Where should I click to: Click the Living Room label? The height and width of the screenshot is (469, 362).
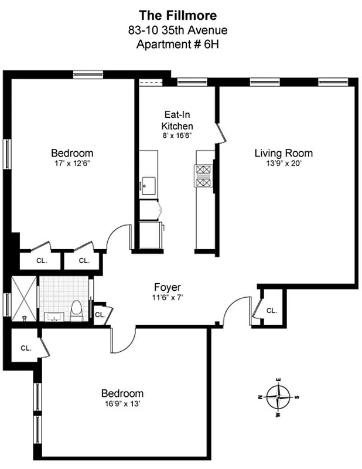point(283,153)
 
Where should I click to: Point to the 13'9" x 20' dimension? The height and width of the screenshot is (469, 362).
point(283,164)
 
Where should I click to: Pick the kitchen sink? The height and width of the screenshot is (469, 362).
point(147,186)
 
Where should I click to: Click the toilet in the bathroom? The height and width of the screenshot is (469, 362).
point(76,311)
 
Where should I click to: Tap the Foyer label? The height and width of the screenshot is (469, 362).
point(167,287)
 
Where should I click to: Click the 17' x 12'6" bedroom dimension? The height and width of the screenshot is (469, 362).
point(71,164)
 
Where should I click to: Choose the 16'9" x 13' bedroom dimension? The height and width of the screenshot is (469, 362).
point(122,404)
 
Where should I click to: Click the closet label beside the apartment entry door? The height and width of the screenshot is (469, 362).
point(271,310)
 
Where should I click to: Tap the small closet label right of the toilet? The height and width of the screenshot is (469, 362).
point(100,314)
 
